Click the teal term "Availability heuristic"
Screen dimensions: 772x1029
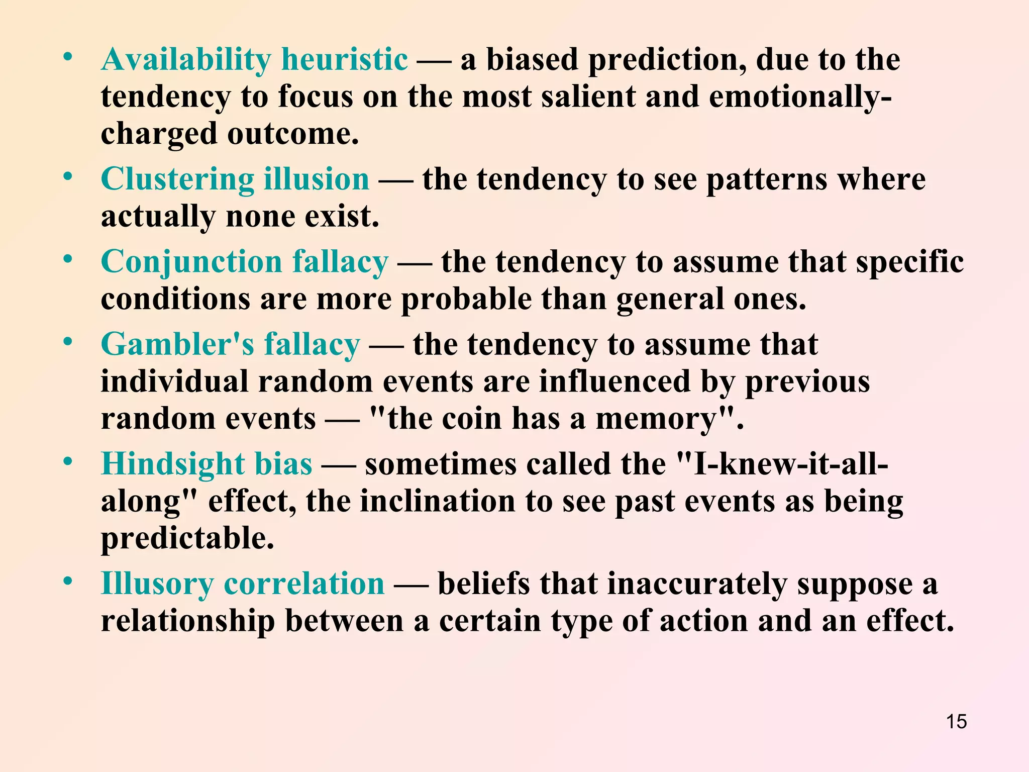(x=254, y=59)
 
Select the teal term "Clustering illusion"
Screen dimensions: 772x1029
(x=235, y=179)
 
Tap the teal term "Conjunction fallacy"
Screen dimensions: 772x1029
(x=245, y=262)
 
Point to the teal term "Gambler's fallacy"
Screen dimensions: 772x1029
(x=230, y=345)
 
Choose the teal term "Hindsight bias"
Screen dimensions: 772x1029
(x=207, y=463)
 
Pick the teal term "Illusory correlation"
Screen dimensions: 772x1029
(x=243, y=584)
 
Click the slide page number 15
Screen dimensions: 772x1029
(x=956, y=722)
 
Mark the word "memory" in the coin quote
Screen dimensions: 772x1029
(x=655, y=419)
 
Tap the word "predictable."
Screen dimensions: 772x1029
(x=187, y=538)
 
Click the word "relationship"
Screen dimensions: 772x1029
(x=188, y=621)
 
